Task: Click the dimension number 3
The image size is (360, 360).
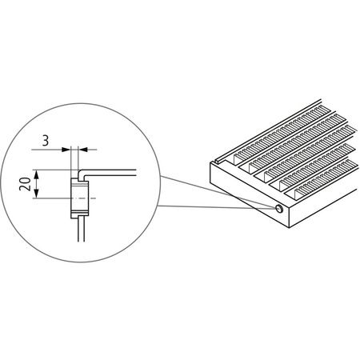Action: pyautogui.click(x=46, y=138)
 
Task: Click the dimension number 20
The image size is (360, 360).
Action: pyautogui.click(x=25, y=186)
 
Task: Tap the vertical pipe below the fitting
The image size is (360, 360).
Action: pyautogui.click(x=78, y=232)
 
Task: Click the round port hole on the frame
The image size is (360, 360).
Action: pyautogui.click(x=278, y=209)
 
